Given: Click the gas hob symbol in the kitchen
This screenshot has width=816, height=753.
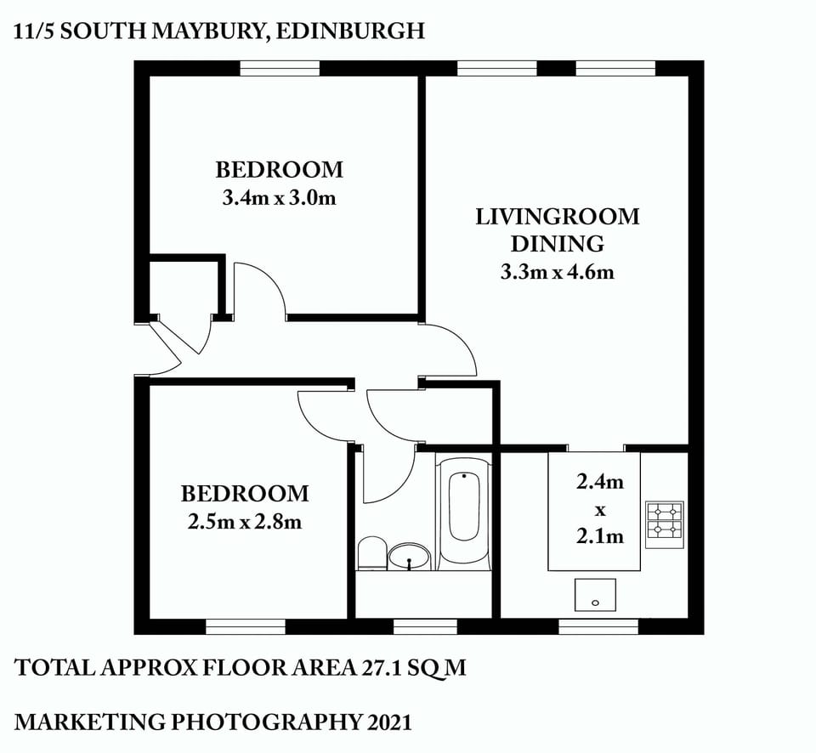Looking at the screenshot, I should point(665,521).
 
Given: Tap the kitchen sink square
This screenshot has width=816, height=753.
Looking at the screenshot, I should point(595,595).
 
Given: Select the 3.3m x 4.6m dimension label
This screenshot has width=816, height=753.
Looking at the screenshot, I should point(557,273).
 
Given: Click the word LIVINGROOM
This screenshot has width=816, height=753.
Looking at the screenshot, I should point(557,216).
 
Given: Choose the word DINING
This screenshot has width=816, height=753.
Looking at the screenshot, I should point(557,244).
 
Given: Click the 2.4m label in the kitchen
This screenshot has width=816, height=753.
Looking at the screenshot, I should point(600,482).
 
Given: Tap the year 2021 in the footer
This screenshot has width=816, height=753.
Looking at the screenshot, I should point(389,722).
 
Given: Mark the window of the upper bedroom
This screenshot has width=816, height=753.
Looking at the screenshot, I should point(279,68).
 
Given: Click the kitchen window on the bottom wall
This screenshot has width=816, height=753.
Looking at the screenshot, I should point(598,627).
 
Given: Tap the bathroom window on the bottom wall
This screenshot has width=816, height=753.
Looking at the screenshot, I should point(425,627).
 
